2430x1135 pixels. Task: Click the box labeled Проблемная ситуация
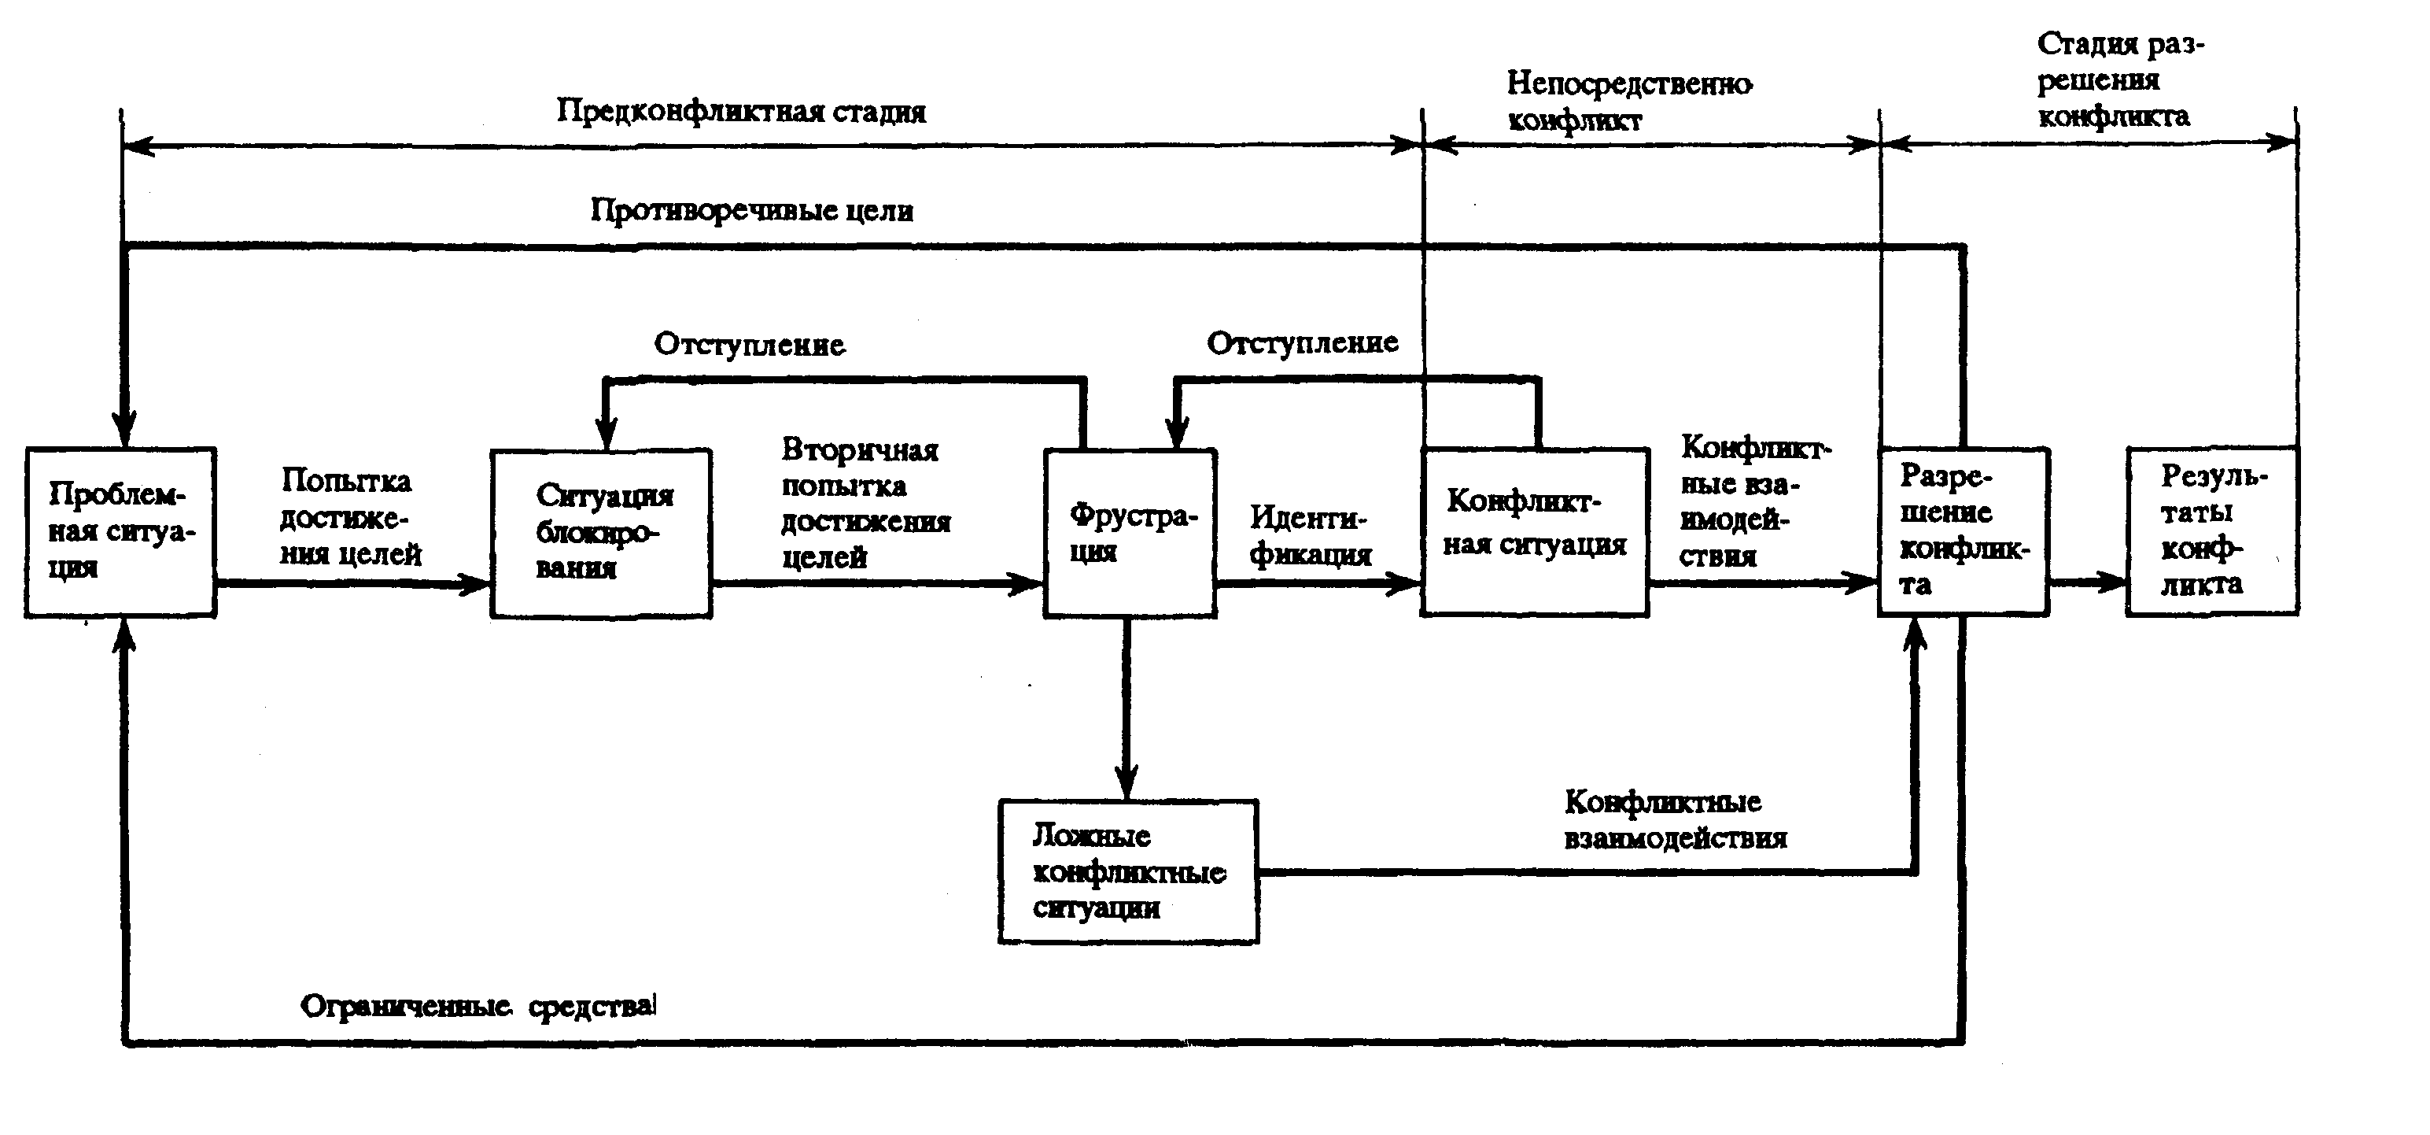(x=120, y=532)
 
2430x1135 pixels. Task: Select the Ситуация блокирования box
(x=601, y=533)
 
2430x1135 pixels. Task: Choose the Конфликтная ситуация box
(x=1535, y=532)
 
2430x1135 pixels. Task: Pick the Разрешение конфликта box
(x=1963, y=532)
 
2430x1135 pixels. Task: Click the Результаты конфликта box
(x=2212, y=531)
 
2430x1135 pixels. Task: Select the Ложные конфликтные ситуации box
(x=1128, y=872)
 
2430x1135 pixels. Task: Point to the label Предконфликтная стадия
(x=742, y=111)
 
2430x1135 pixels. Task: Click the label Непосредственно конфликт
(x=1629, y=101)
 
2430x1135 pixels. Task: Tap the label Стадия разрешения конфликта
(x=2119, y=80)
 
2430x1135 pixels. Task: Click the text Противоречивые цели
(x=752, y=209)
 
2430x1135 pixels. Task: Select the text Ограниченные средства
(x=478, y=1007)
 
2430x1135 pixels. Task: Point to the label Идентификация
(x=1311, y=536)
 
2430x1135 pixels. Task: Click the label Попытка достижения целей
(x=350, y=517)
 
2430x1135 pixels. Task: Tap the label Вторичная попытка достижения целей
(x=865, y=503)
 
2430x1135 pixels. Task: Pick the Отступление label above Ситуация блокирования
(x=749, y=345)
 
